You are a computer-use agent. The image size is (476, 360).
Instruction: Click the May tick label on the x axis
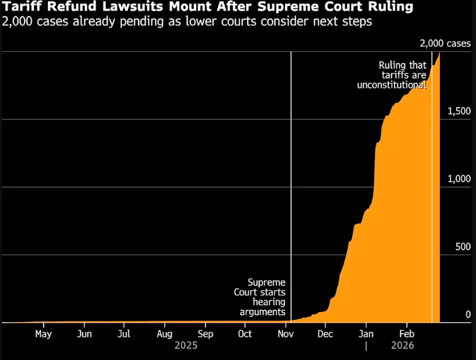pyautogui.click(x=43, y=333)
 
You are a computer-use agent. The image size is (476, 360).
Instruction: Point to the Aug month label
pyautogui.click(x=164, y=333)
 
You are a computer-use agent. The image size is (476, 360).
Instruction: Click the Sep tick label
pyautogui.click(x=205, y=333)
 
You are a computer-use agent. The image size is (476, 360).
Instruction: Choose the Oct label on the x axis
pyautogui.click(x=245, y=333)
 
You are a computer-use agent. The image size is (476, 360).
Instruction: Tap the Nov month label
pyautogui.click(x=286, y=333)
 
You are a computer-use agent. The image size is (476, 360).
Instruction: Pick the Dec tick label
pyautogui.click(x=325, y=333)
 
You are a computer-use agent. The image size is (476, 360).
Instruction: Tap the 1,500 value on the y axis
pyautogui.click(x=459, y=111)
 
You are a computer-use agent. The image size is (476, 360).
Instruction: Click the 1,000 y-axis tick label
pyautogui.click(x=459, y=179)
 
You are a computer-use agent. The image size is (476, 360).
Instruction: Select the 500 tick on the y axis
pyautogui.click(x=462, y=247)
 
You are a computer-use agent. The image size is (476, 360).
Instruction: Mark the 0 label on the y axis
pyautogui.click(x=469, y=315)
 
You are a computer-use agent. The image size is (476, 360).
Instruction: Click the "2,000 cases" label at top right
pyautogui.click(x=445, y=43)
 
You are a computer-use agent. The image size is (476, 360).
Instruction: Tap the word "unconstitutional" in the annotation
pyautogui.click(x=392, y=85)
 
